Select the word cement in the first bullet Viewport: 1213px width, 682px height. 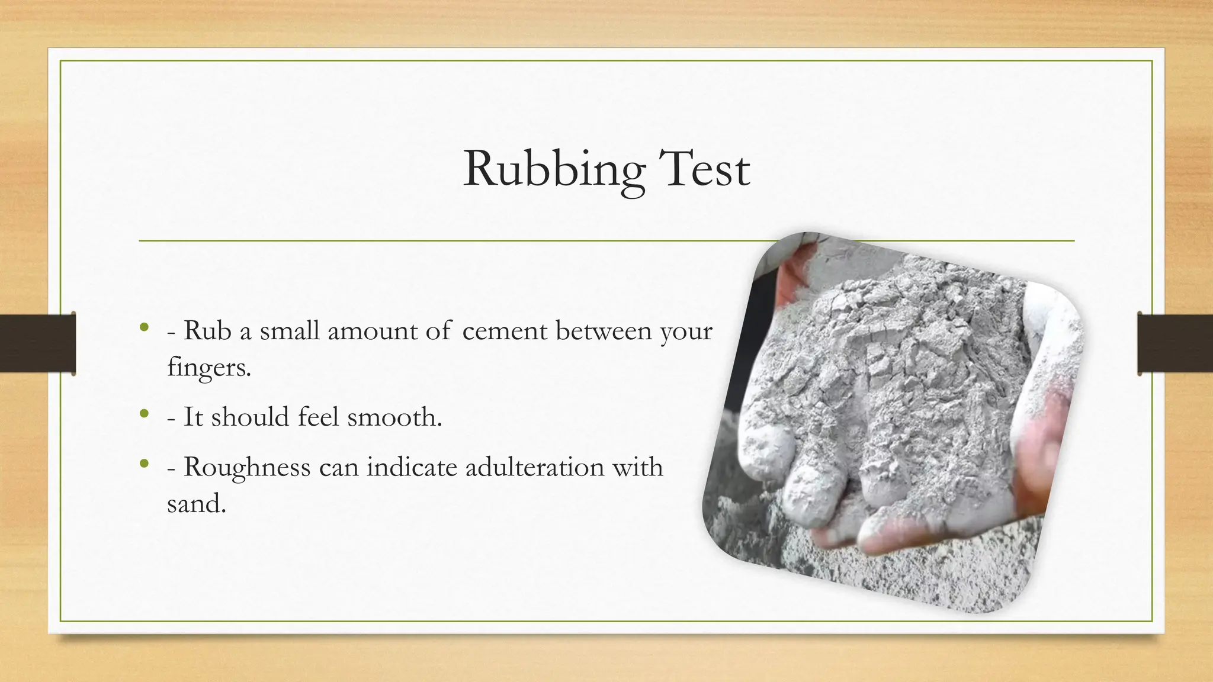coord(505,331)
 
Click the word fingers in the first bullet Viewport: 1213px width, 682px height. coord(209,368)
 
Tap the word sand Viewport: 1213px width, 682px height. coord(196,504)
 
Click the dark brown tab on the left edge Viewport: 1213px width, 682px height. coord(37,343)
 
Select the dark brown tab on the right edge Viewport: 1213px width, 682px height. coord(1175,343)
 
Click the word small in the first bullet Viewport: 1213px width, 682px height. coord(290,330)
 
